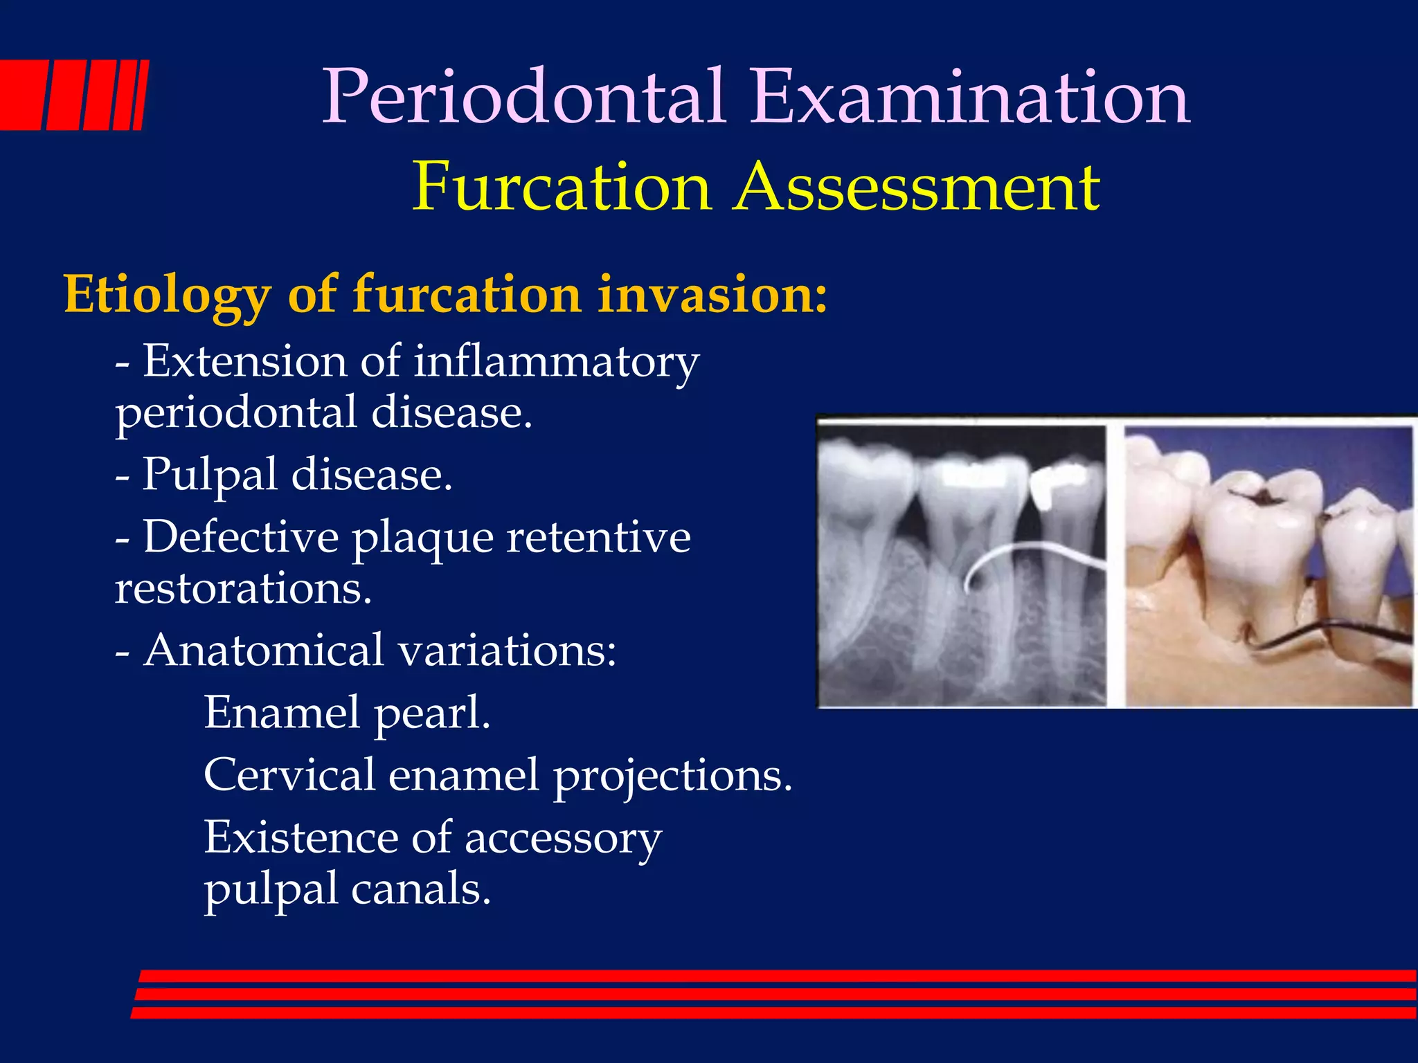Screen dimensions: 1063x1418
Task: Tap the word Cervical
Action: click(289, 775)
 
